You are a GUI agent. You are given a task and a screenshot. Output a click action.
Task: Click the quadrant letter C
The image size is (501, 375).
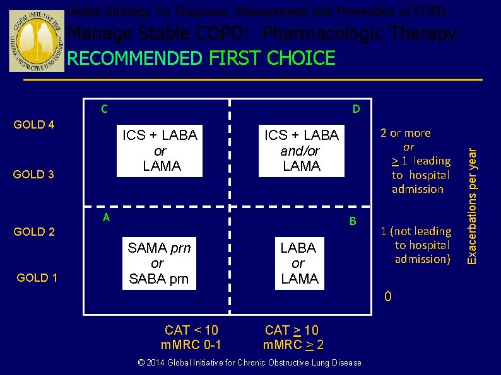(105, 109)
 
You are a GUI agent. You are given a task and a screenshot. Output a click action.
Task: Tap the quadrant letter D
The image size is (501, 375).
(356, 110)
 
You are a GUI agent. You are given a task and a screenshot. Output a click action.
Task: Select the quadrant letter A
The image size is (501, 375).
(107, 217)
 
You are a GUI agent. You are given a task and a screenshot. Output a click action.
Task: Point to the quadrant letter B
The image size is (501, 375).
(353, 221)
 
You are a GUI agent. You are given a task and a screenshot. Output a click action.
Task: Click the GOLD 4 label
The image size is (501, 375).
(34, 125)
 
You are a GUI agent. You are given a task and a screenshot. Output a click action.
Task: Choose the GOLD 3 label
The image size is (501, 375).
(34, 175)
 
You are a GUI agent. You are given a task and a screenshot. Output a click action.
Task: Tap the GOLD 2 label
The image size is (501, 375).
(34, 232)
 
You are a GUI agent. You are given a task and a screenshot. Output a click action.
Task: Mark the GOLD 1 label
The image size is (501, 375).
(37, 278)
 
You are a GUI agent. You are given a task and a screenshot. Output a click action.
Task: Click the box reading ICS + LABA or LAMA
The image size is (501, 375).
(160, 151)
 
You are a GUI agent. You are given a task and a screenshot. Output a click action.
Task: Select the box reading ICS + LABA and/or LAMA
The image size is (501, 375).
(302, 151)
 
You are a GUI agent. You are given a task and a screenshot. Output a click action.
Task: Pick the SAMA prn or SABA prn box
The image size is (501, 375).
(158, 263)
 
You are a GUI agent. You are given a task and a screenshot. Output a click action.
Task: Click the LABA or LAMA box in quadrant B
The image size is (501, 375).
(298, 263)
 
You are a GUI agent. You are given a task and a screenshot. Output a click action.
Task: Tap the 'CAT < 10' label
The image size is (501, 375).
(191, 330)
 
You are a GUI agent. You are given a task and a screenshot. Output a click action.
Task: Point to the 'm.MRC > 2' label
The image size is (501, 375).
(293, 345)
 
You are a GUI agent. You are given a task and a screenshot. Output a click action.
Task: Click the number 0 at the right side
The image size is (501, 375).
(388, 296)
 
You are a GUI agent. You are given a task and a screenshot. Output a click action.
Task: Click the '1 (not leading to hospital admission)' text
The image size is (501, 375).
(416, 245)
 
